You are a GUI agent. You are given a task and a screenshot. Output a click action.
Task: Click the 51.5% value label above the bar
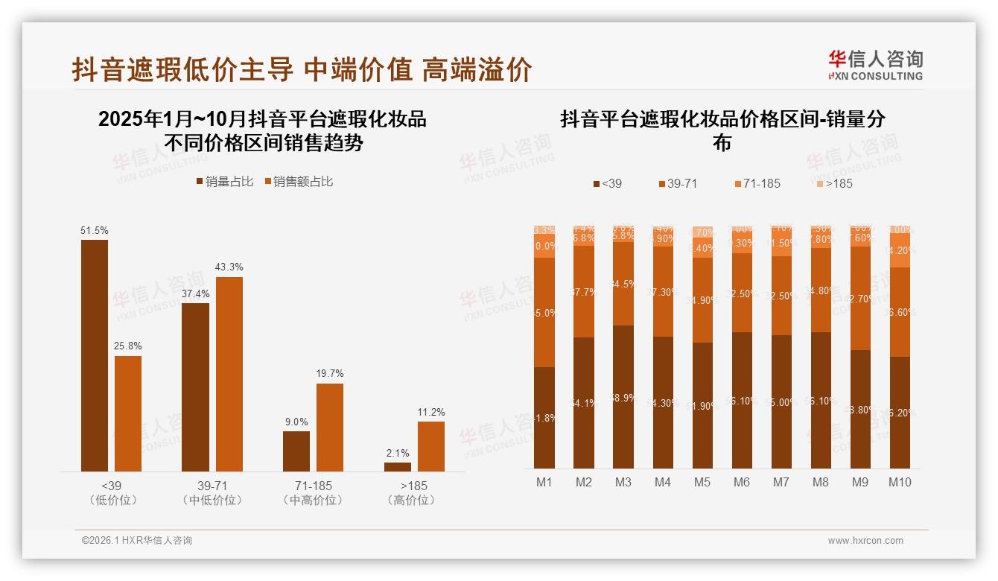[x=94, y=231]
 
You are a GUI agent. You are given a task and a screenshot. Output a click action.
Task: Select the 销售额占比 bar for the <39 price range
[x=128, y=413]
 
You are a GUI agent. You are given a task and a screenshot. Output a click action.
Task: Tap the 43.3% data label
[x=229, y=267]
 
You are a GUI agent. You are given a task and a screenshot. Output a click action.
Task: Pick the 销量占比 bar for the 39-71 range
[x=195, y=387]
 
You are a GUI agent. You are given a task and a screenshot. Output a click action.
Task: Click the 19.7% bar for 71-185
[x=330, y=427]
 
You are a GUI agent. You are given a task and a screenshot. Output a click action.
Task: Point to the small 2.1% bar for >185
[x=398, y=466]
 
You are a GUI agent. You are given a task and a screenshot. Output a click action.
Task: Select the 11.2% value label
[x=431, y=413]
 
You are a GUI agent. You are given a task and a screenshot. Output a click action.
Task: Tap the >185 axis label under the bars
[x=411, y=486]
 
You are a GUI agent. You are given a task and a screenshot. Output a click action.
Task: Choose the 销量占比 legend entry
[x=225, y=182]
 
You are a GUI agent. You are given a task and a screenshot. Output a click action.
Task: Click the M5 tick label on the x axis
[x=702, y=483]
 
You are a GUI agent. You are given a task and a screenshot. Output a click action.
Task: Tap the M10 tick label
[x=900, y=483]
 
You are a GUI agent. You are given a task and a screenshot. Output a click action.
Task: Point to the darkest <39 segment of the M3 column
[x=623, y=397]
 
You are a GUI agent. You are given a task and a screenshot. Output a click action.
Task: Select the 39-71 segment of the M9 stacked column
[x=860, y=298]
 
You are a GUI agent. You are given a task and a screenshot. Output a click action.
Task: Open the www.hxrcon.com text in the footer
[x=865, y=541]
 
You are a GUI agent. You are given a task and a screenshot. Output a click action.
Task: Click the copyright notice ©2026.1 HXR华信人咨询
[x=137, y=541]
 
